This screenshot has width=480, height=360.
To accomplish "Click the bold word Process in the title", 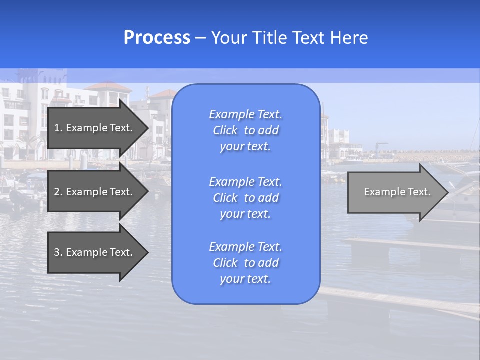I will [x=157, y=38].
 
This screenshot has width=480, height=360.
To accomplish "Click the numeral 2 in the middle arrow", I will [x=57, y=192].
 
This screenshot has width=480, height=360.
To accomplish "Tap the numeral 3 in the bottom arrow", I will [x=57, y=252].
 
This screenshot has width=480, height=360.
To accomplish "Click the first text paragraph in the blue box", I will [x=245, y=130].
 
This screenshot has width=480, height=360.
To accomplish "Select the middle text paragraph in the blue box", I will [x=245, y=198].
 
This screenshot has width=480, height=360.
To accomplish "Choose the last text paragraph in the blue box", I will [x=245, y=263].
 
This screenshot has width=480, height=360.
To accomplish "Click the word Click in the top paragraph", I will [x=225, y=130].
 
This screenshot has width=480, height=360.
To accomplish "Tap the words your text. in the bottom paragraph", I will [x=245, y=279].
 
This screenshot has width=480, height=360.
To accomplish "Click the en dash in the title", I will [x=200, y=38].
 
